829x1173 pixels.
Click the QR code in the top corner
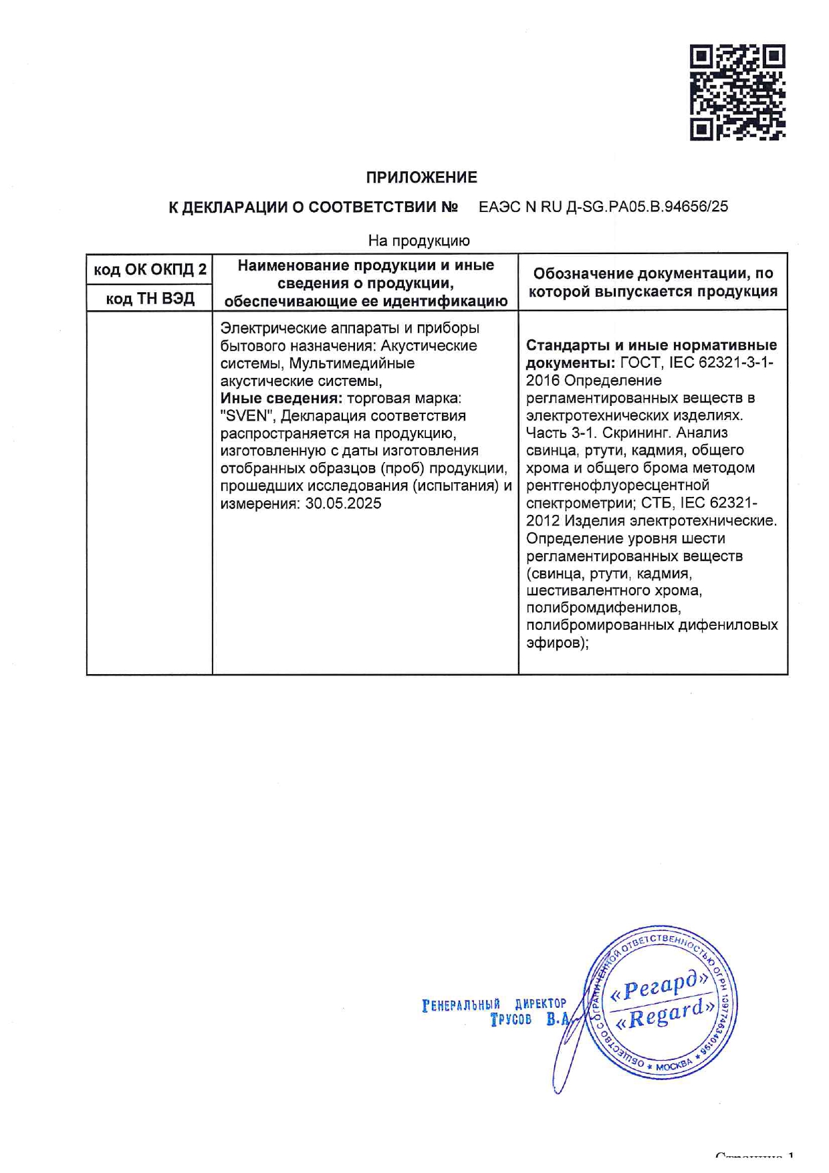click(x=737, y=92)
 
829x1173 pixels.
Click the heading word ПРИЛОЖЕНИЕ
click(x=421, y=177)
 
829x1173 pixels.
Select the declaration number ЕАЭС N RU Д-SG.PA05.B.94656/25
click(x=603, y=207)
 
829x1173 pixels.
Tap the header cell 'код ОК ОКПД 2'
click(x=150, y=270)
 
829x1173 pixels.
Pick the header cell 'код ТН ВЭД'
click(x=150, y=298)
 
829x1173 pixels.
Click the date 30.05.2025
click(x=343, y=503)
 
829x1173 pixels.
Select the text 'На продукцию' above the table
click(x=419, y=240)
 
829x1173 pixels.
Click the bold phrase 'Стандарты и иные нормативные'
click(x=651, y=345)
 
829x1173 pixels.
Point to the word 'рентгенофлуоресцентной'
click(x=617, y=485)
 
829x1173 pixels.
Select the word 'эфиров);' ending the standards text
click(x=557, y=643)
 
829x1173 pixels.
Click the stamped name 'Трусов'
click(x=511, y=1020)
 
